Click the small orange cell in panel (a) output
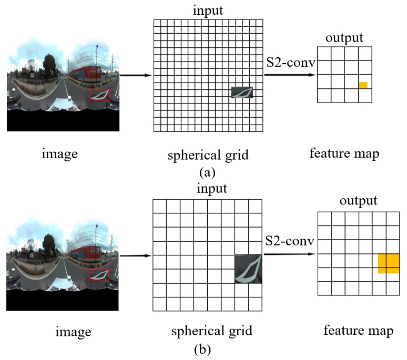[x=363, y=85]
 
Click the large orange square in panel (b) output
[x=389, y=263]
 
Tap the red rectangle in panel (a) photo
[x=99, y=95]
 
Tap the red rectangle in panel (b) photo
[x=99, y=274]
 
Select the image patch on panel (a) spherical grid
[x=242, y=92]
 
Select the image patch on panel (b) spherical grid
[x=248, y=269]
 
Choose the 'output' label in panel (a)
[x=344, y=38]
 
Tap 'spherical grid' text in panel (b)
[x=211, y=332]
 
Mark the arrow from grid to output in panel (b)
[x=290, y=254]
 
